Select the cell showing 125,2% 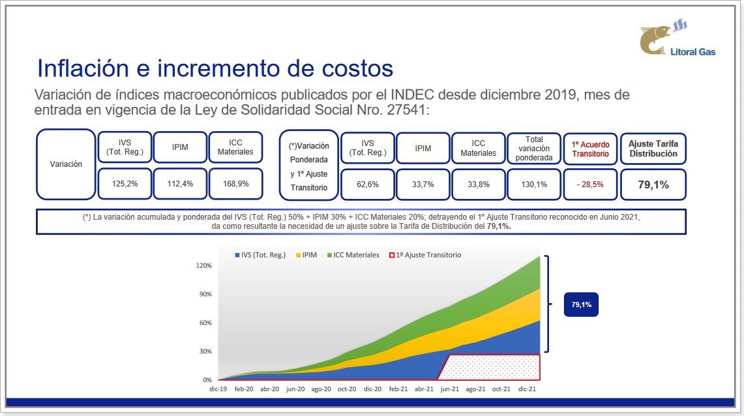point(125,184)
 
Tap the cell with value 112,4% point(180,184)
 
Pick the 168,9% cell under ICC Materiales point(235,184)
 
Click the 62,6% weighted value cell point(368,185)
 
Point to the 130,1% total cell point(534,185)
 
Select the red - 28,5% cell point(590,185)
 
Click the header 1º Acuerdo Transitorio point(590,149)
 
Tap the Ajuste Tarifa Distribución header point(653,149)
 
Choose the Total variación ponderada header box point(534,148)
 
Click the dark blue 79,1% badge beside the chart point(581,305)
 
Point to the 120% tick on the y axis point(204,266)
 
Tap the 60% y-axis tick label point(205,323)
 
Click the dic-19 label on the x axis point(218,389)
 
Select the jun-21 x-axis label point(449,389)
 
